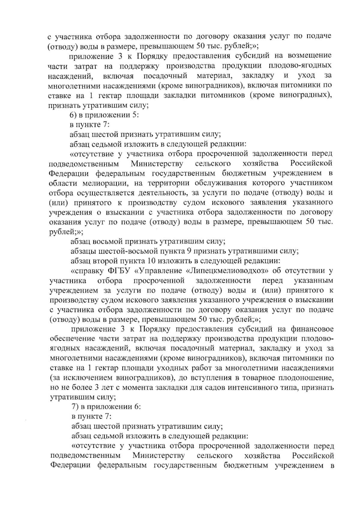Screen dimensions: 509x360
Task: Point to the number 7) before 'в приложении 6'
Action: coord(75,407)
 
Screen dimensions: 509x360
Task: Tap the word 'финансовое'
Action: coord(312,329)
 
